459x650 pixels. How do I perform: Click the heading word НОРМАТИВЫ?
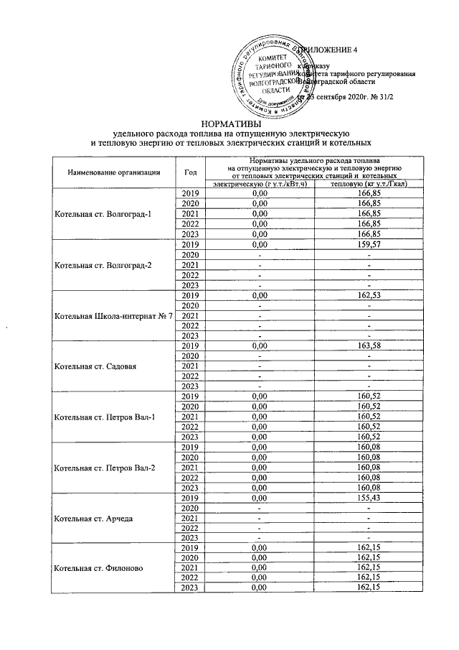tap(229, 123)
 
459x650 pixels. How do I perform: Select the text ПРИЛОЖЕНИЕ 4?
tap(331, 50)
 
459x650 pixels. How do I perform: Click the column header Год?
tap(190, 172)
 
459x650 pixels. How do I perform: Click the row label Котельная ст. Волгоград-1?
tap(104, 214)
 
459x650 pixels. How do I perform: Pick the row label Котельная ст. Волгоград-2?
tap(104, 265)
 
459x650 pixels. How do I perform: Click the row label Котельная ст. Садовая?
tap(95, 367)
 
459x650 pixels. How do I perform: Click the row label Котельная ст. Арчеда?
tap(93, 518)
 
